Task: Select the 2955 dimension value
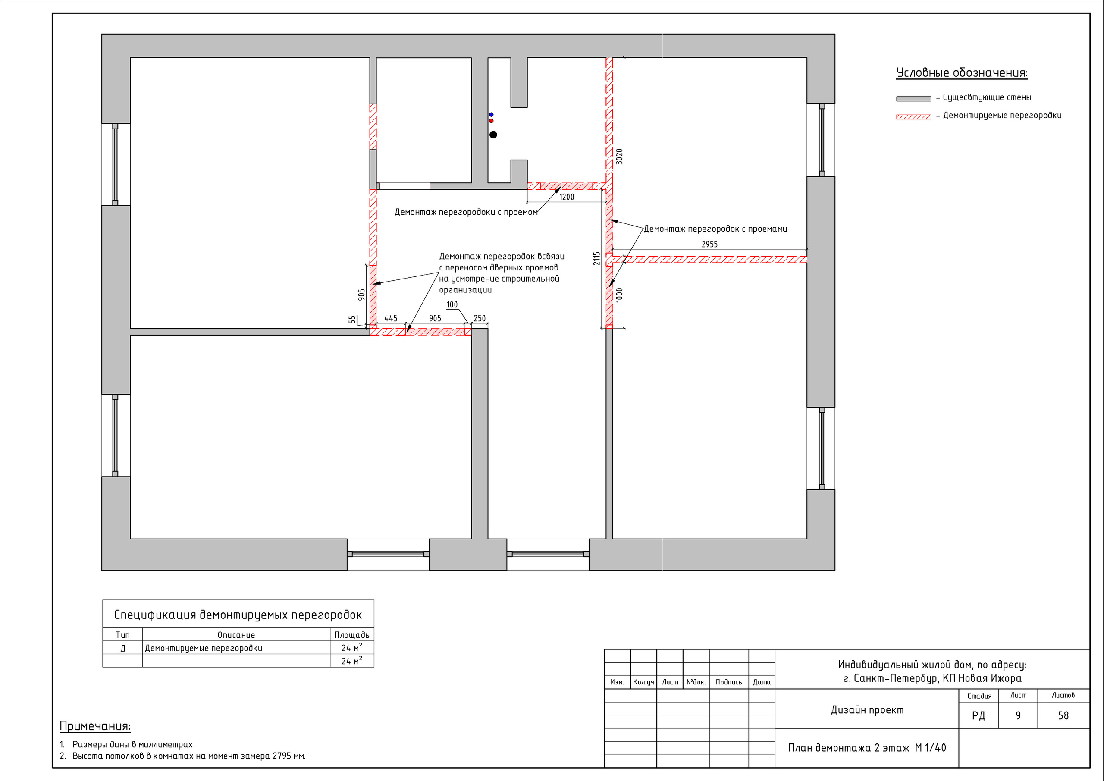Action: pos(709,244)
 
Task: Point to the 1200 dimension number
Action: pos(566,197)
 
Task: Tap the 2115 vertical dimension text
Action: pos(597,258)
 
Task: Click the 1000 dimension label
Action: pos(619,295)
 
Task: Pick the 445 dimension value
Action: pos(391,318)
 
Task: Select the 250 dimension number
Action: pos(480,318)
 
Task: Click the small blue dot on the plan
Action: pos(491,114)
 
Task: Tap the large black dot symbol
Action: pos(493,135)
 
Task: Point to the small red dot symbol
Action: pos(491,121)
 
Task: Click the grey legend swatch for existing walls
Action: pos(913,99)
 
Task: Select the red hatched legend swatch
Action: pos(913,117)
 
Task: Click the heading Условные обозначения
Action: pos(962,73)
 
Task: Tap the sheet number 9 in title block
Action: pos(1018,715)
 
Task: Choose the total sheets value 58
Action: pos(1063,715)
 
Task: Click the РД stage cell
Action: pos(979,716)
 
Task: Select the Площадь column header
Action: pos(352,635)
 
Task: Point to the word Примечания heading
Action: pos(95,726)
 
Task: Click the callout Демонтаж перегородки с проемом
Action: pos(466,213)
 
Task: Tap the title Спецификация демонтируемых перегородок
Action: pos(238,615)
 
